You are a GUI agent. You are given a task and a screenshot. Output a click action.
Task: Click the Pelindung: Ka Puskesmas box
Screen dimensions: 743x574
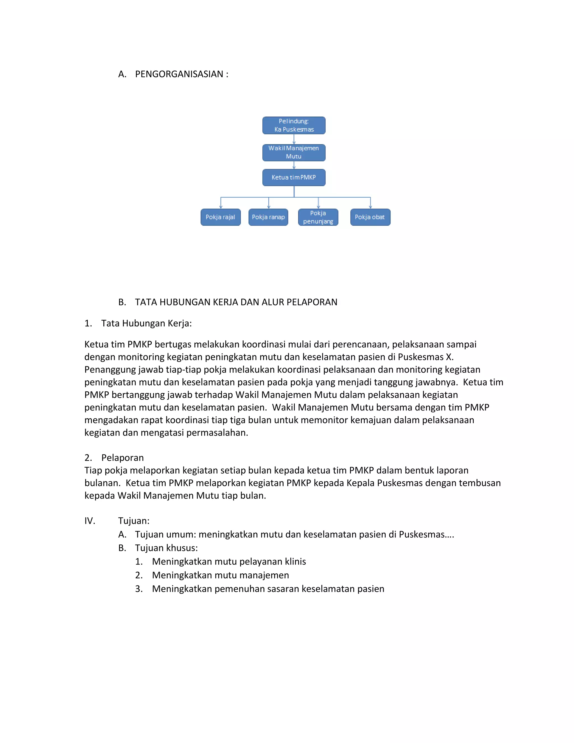click(x=294, y=125)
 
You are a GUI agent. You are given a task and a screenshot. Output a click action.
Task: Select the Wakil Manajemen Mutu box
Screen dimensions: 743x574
click(x=294, y=153)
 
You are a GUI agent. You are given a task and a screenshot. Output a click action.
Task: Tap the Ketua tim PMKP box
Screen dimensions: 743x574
click(x=294, y=177)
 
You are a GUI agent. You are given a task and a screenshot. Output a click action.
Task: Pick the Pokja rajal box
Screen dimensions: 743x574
click(x=220, y=217)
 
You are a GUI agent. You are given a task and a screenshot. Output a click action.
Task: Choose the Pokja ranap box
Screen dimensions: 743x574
click(x=268, y=217)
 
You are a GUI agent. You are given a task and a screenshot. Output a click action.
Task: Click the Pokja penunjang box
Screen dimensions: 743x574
click(x=318, y=217)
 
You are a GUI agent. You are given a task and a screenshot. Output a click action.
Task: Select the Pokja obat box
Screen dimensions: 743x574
click(x=370, y=217)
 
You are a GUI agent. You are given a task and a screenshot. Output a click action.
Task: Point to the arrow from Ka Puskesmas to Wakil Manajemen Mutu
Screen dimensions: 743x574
click(x=294, y=139)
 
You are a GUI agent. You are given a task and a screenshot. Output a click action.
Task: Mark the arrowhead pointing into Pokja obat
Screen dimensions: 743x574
click(x=370, y=207)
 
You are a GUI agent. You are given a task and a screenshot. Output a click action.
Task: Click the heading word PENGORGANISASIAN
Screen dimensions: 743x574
click(x=179, y=74)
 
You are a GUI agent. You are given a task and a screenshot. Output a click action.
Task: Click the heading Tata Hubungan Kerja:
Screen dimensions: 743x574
click(x=146, y=323)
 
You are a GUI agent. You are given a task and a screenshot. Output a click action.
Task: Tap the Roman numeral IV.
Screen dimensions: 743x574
click(x=90, y=521)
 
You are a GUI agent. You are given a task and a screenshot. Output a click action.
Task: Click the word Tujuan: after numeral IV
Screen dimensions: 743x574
click(x=134, y=521)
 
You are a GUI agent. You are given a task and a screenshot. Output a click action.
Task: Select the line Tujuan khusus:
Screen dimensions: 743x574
click(x=166, y=548)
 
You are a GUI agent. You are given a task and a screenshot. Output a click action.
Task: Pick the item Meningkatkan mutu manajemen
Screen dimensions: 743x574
click(x=220, y=575)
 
